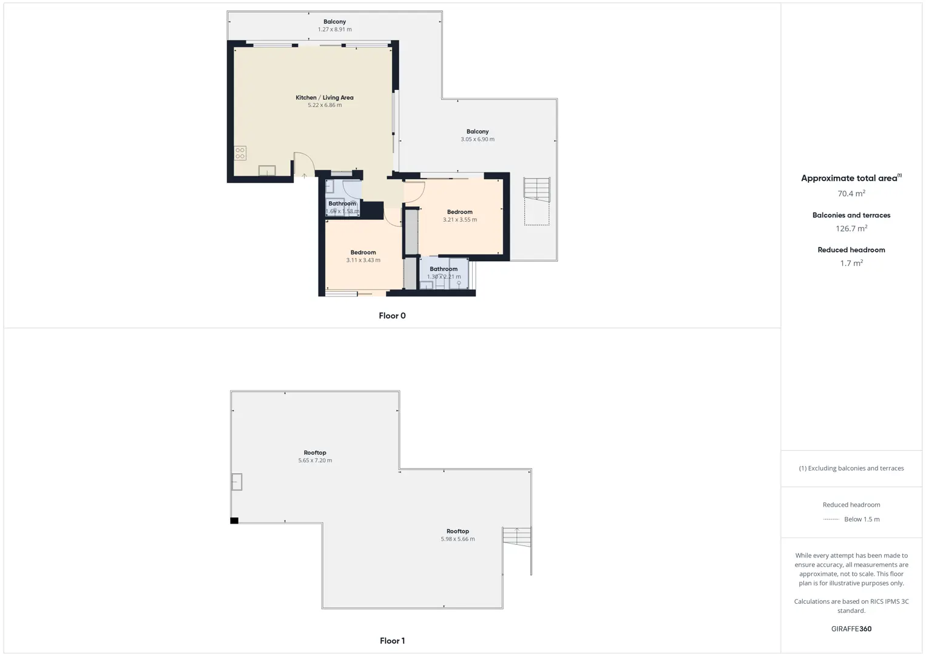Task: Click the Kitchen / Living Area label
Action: [324, 98]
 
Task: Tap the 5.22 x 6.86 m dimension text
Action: [325, 105]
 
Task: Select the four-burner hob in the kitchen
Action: [240, 153]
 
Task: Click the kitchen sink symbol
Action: [267, 170]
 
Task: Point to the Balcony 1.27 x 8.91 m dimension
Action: [334, 29]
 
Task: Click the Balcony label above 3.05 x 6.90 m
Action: [478, 132]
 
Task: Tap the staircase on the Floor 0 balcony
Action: [536, 189]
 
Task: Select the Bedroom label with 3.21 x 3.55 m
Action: [460, 212]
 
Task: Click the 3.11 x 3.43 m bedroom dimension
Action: [363, 261]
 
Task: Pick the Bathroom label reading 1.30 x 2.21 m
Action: [444, 269]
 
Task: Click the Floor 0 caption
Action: [393, 316]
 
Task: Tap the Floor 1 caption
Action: [393, 641]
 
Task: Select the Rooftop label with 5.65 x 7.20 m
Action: [315, 453]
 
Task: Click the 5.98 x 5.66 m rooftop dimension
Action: [458, 539]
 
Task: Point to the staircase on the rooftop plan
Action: [517, 537]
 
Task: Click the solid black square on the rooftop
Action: [234, 521]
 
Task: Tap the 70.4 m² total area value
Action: [851, 193]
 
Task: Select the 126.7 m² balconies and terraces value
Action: [851, 228]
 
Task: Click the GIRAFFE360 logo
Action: [851, 629]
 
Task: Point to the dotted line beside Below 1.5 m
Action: [831, 519]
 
